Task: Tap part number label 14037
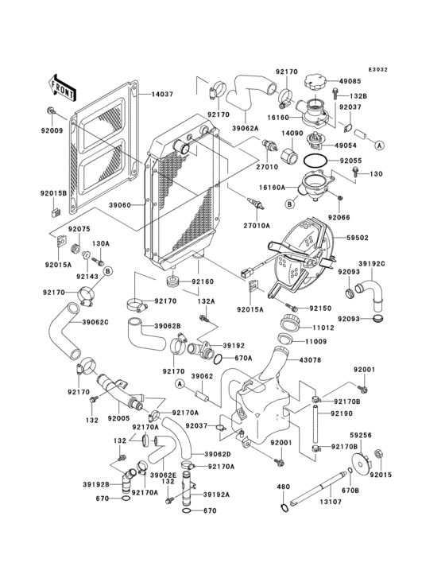tap(162, 94)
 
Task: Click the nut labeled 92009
tap(51, 109)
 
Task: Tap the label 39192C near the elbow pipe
tap(370, 264)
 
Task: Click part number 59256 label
tap(362, 436)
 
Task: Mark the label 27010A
tap(257, 226)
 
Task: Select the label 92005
tap(120, 417)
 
